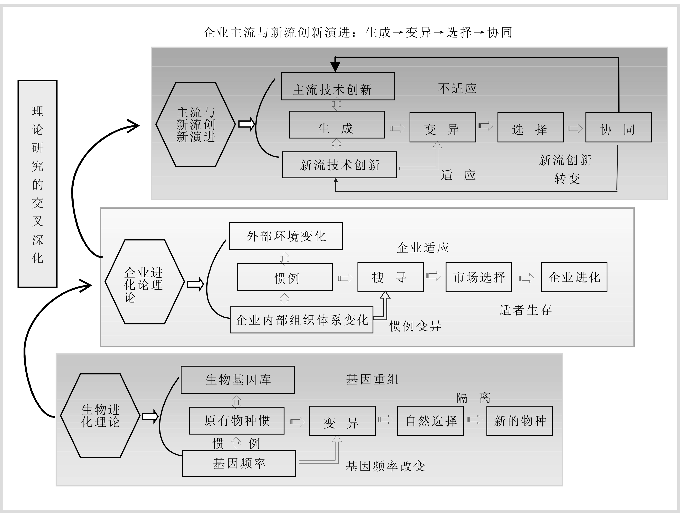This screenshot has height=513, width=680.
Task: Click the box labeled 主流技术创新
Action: (x=338, y=86)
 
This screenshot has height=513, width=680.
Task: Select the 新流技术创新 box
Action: (x=339, y=165)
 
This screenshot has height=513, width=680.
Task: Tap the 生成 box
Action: (x=337, y=125)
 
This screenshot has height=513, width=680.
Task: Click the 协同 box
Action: (x=618, y=127)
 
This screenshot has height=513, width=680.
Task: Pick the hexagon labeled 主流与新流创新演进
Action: (x=195, y=125)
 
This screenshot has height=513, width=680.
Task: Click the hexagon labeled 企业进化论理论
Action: (x=144, y=282)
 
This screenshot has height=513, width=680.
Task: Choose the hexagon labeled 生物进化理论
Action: (x=100, y=415)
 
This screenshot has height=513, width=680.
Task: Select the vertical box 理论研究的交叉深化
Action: (x=37, y=184)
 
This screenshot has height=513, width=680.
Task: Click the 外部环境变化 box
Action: (x=286, y=236)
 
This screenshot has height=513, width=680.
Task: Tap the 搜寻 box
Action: (x=390, y=277)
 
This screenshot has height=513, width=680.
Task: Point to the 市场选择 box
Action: (x=479, y=277)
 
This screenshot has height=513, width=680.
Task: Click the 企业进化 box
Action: (x=574, y=277)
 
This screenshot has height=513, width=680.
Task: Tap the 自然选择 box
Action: (x=430, y=421)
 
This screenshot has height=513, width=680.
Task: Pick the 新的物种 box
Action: (x=520, y=421)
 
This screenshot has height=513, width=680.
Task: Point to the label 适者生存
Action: (x=525, y=310)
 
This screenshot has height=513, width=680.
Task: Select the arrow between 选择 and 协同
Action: (x=575, y=128)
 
